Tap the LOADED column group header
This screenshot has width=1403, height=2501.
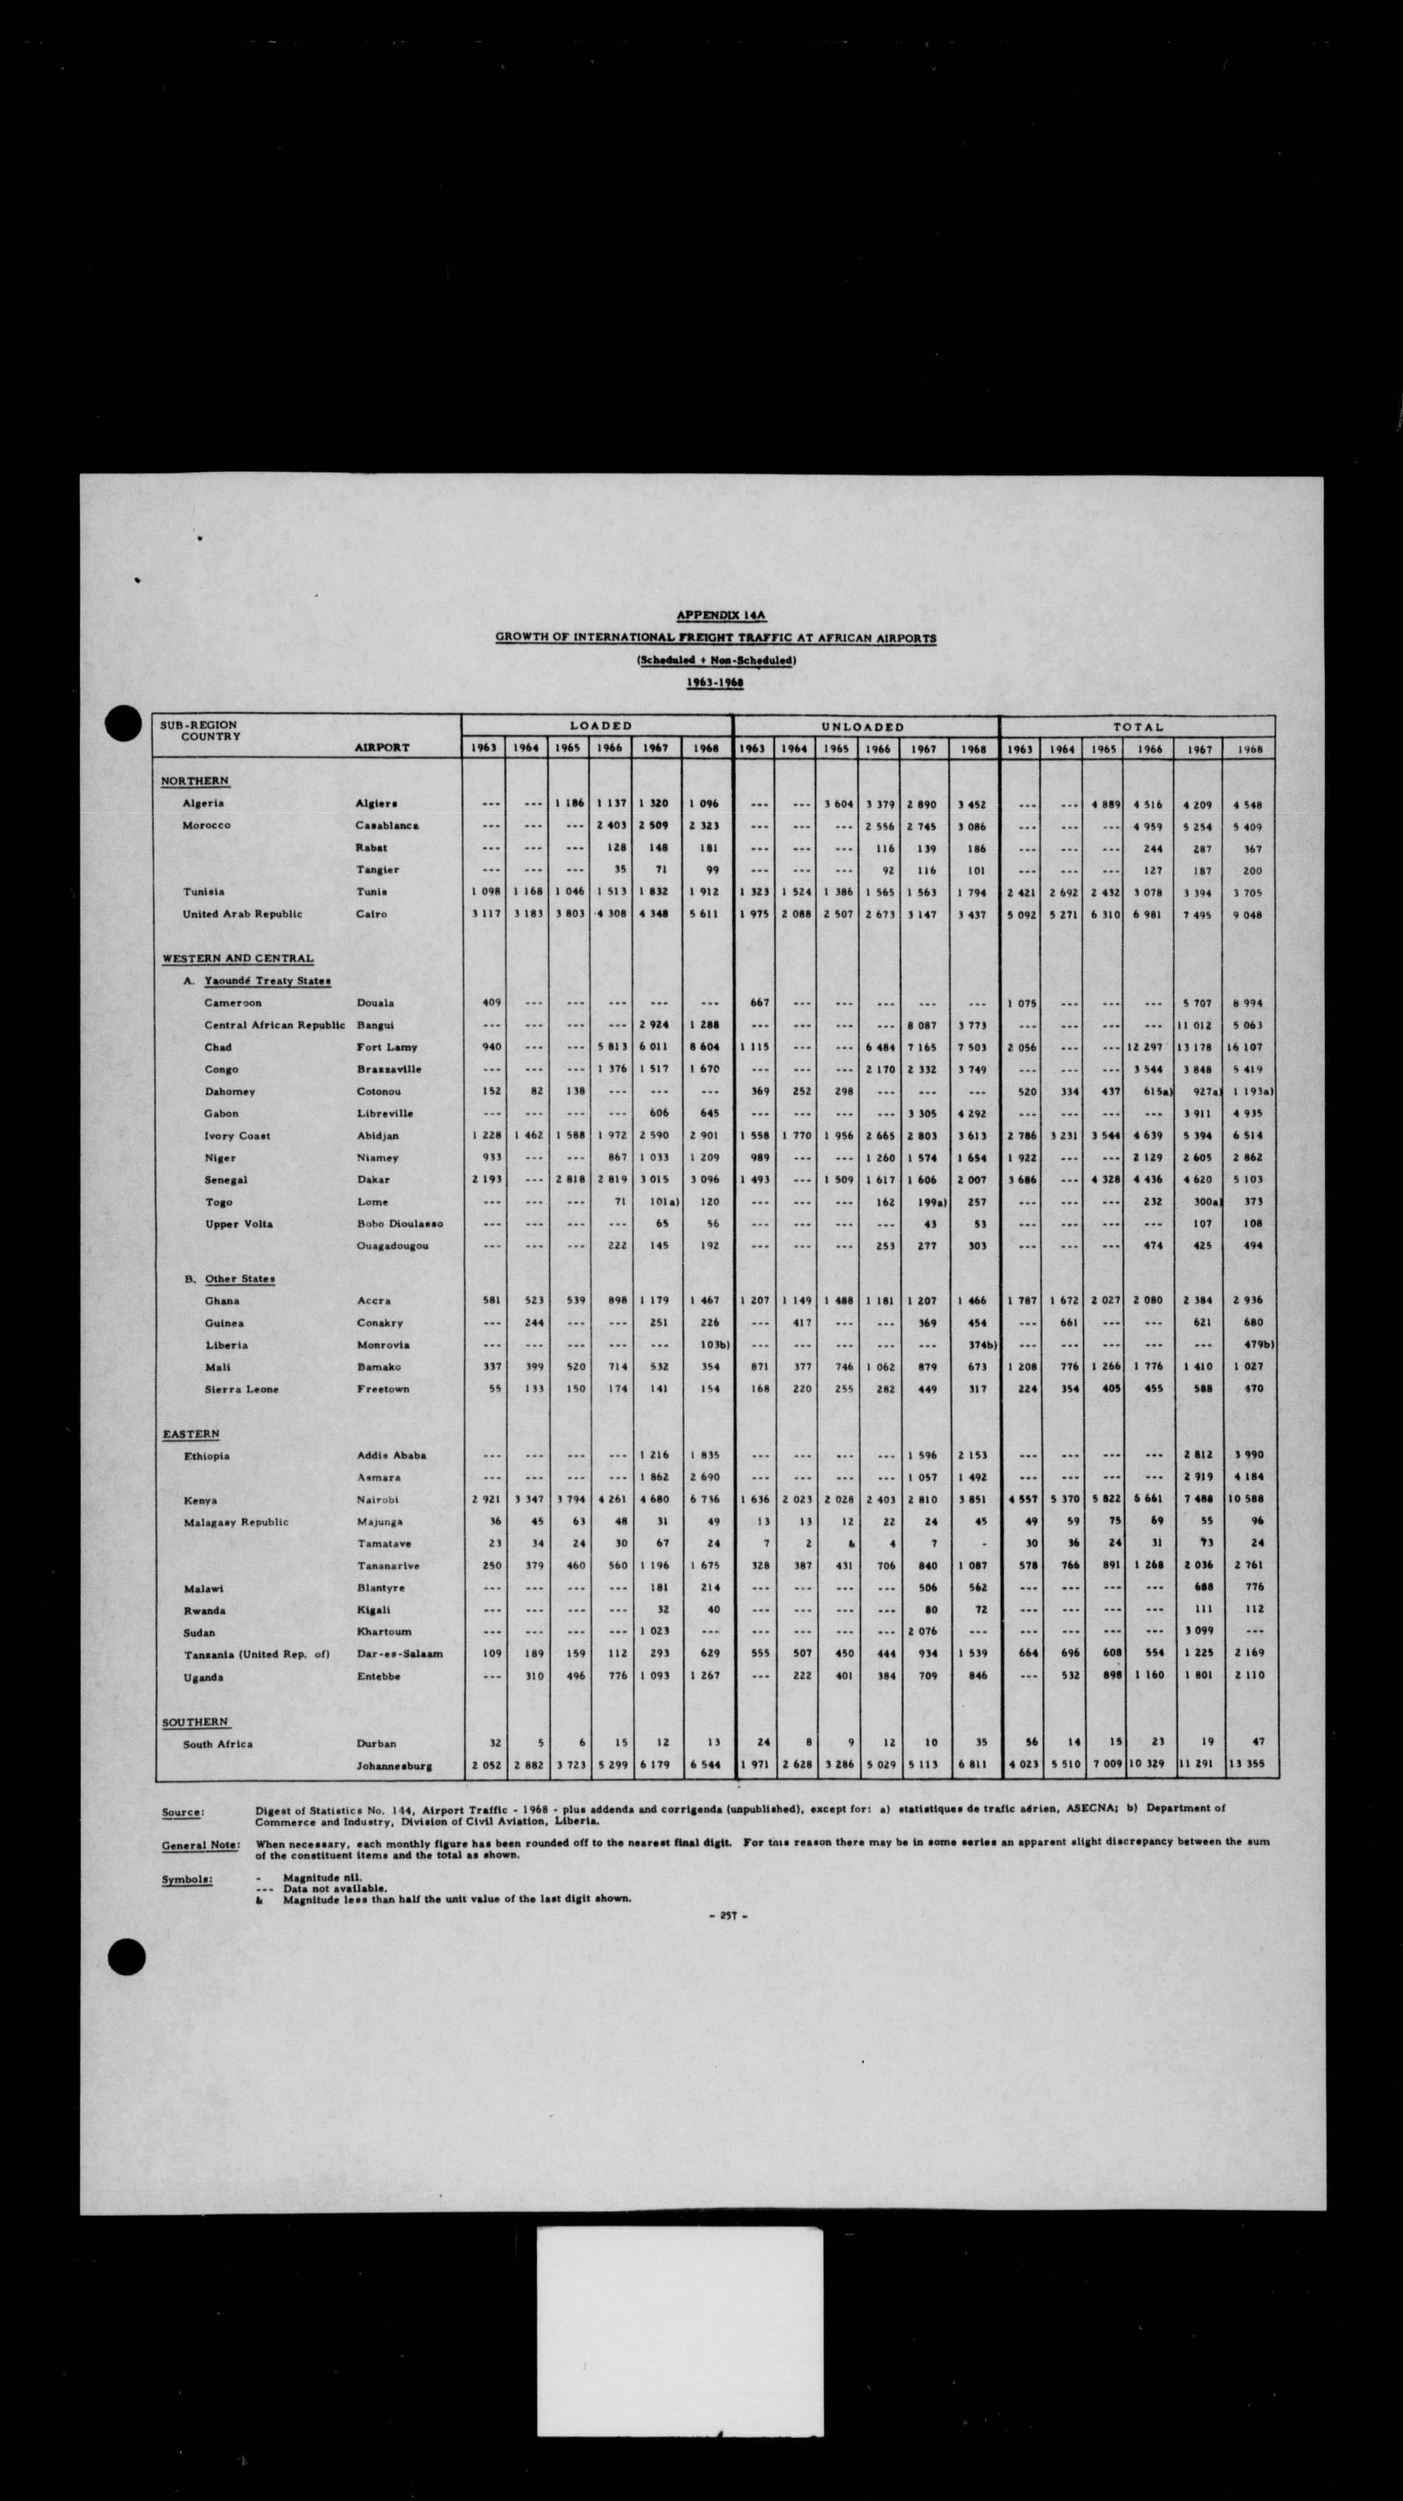[600, 725]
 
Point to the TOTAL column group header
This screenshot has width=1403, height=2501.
[1138, 726]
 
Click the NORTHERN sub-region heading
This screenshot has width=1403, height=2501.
[195, 780]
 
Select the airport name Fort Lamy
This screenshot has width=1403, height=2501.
[386, 1046]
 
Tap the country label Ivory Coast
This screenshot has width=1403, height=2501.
[237, 1135]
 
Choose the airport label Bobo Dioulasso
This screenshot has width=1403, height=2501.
[399, 1224]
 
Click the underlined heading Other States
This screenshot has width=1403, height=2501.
[239, 1279]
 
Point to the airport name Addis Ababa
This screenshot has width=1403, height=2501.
[391, 1455]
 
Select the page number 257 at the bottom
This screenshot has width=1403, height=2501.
[727, 1916]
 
